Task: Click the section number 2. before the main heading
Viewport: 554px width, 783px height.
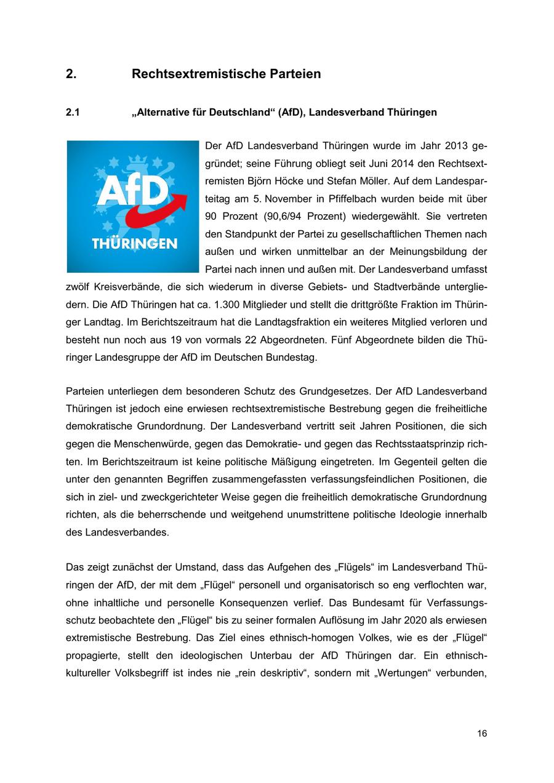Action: coord(71,74)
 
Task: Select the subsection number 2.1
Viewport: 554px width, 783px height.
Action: coord(73,112)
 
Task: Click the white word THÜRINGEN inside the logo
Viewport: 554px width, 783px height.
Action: coord(134,244)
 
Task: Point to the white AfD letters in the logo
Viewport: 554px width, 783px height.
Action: coord(131,191)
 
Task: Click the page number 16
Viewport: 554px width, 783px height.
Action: coord(481,733)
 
